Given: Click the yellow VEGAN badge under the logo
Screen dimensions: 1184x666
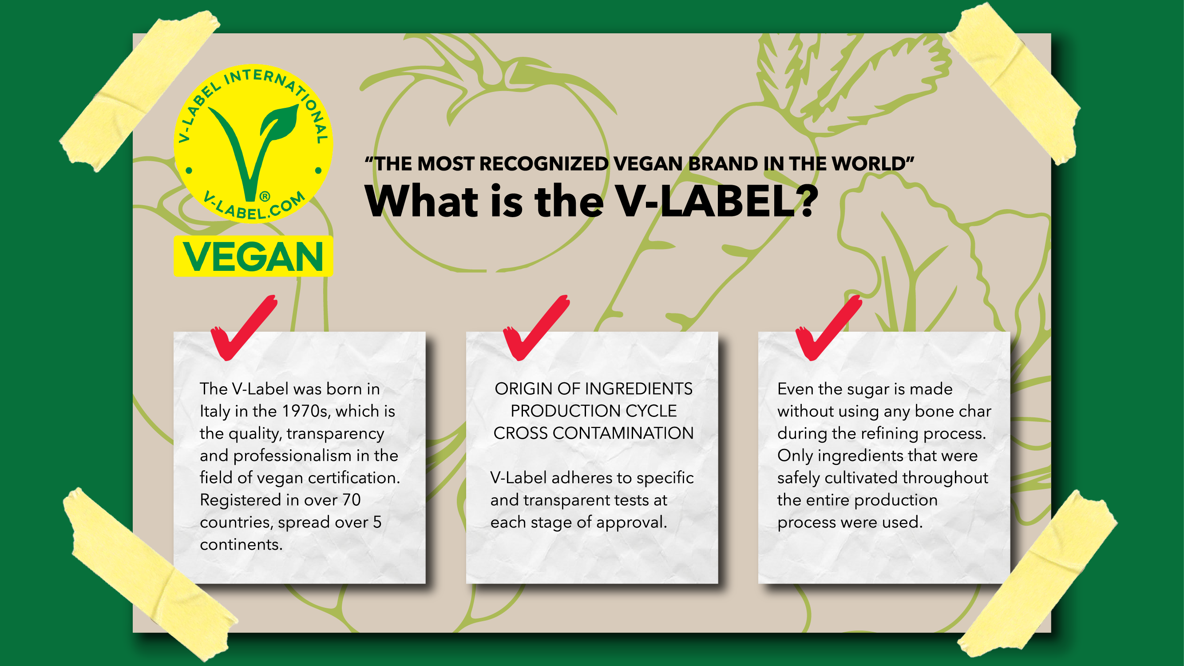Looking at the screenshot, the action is (253, 256).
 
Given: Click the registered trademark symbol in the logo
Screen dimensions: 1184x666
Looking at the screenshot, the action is (265, 197).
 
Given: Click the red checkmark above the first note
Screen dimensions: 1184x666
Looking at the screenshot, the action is (244, 328).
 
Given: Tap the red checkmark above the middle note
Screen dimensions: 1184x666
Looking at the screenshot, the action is (536, 328).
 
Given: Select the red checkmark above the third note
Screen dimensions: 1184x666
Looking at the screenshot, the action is (829, 328).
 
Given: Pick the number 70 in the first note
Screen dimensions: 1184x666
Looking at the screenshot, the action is (351, 499).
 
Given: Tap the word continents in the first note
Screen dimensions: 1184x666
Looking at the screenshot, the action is (242, 544).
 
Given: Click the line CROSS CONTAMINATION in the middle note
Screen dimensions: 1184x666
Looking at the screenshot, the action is (594, 433).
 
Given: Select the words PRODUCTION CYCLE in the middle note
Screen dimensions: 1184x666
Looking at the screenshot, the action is (594, 411).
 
